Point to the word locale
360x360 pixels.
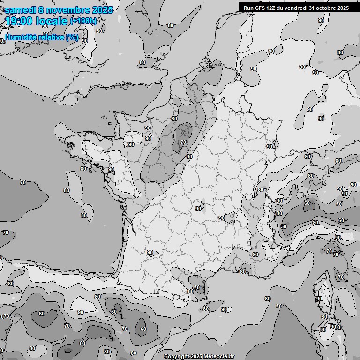coord(53,21)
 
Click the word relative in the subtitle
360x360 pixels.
coord(51,37)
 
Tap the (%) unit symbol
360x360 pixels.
coord(72,37)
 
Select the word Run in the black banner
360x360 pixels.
coord(248,7)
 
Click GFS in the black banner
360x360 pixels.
coord(260,7)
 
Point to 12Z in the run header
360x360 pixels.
coord(272,7)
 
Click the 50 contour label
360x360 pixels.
coord(283,226)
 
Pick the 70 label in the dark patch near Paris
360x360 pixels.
coord(183,142)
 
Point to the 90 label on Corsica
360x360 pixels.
coord(319,299)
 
